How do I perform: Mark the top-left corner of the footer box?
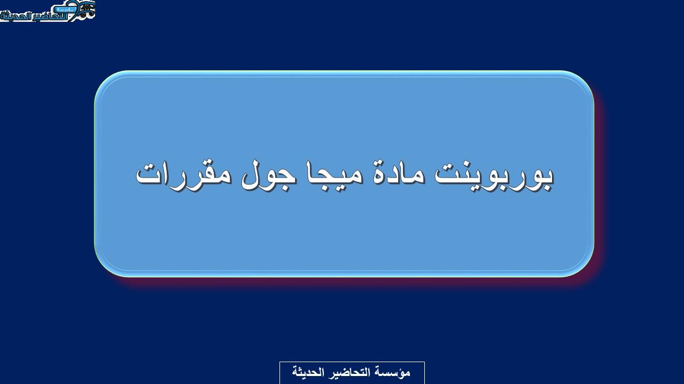coord(279,362)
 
